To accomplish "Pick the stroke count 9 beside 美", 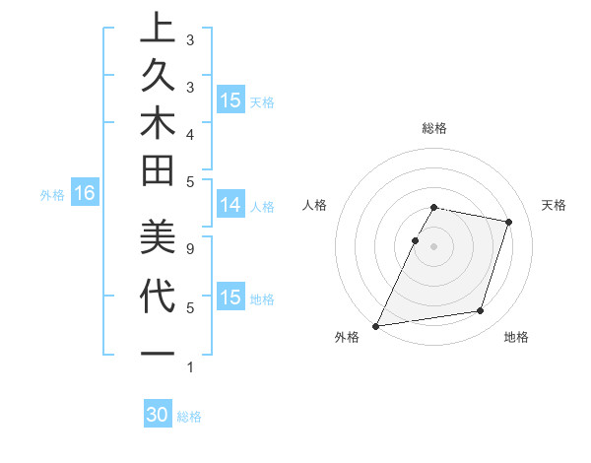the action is click(189, 249).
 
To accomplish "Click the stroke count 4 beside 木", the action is click(189, 133).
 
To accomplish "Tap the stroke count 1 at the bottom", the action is click(189, 367).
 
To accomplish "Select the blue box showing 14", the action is click(230, 205).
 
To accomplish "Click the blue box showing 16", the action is click(85, 194).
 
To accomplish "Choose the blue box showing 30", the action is click(158, 415).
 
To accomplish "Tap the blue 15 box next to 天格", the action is click(230, 100).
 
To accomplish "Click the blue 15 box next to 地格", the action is click(230, 298).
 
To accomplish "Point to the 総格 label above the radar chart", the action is click(434, 128).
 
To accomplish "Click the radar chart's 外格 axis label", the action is click(347, 337).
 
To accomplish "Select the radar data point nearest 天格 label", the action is click(508, 223).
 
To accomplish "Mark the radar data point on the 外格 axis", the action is click(376, 325).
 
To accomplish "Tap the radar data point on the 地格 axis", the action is click(481, 311).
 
